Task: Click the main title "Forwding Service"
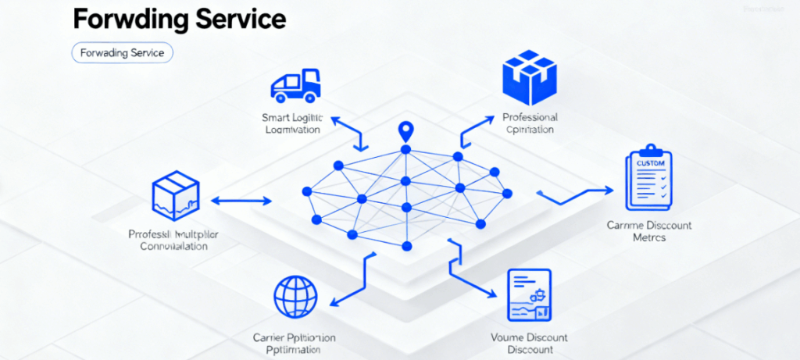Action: [179, 20]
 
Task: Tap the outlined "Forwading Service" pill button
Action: [122, 53]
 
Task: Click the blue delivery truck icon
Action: [295, 84]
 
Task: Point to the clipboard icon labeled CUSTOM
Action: [648, 178]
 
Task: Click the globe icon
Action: [296, 298]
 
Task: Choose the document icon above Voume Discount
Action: [529, 296]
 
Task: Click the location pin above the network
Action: [405, 131]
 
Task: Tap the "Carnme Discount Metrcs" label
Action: [648, 231]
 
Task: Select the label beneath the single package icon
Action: [173, 240]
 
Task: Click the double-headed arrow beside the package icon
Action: [241, 201]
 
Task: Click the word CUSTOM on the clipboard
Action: [649, 163]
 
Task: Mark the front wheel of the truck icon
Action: [310, 98]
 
